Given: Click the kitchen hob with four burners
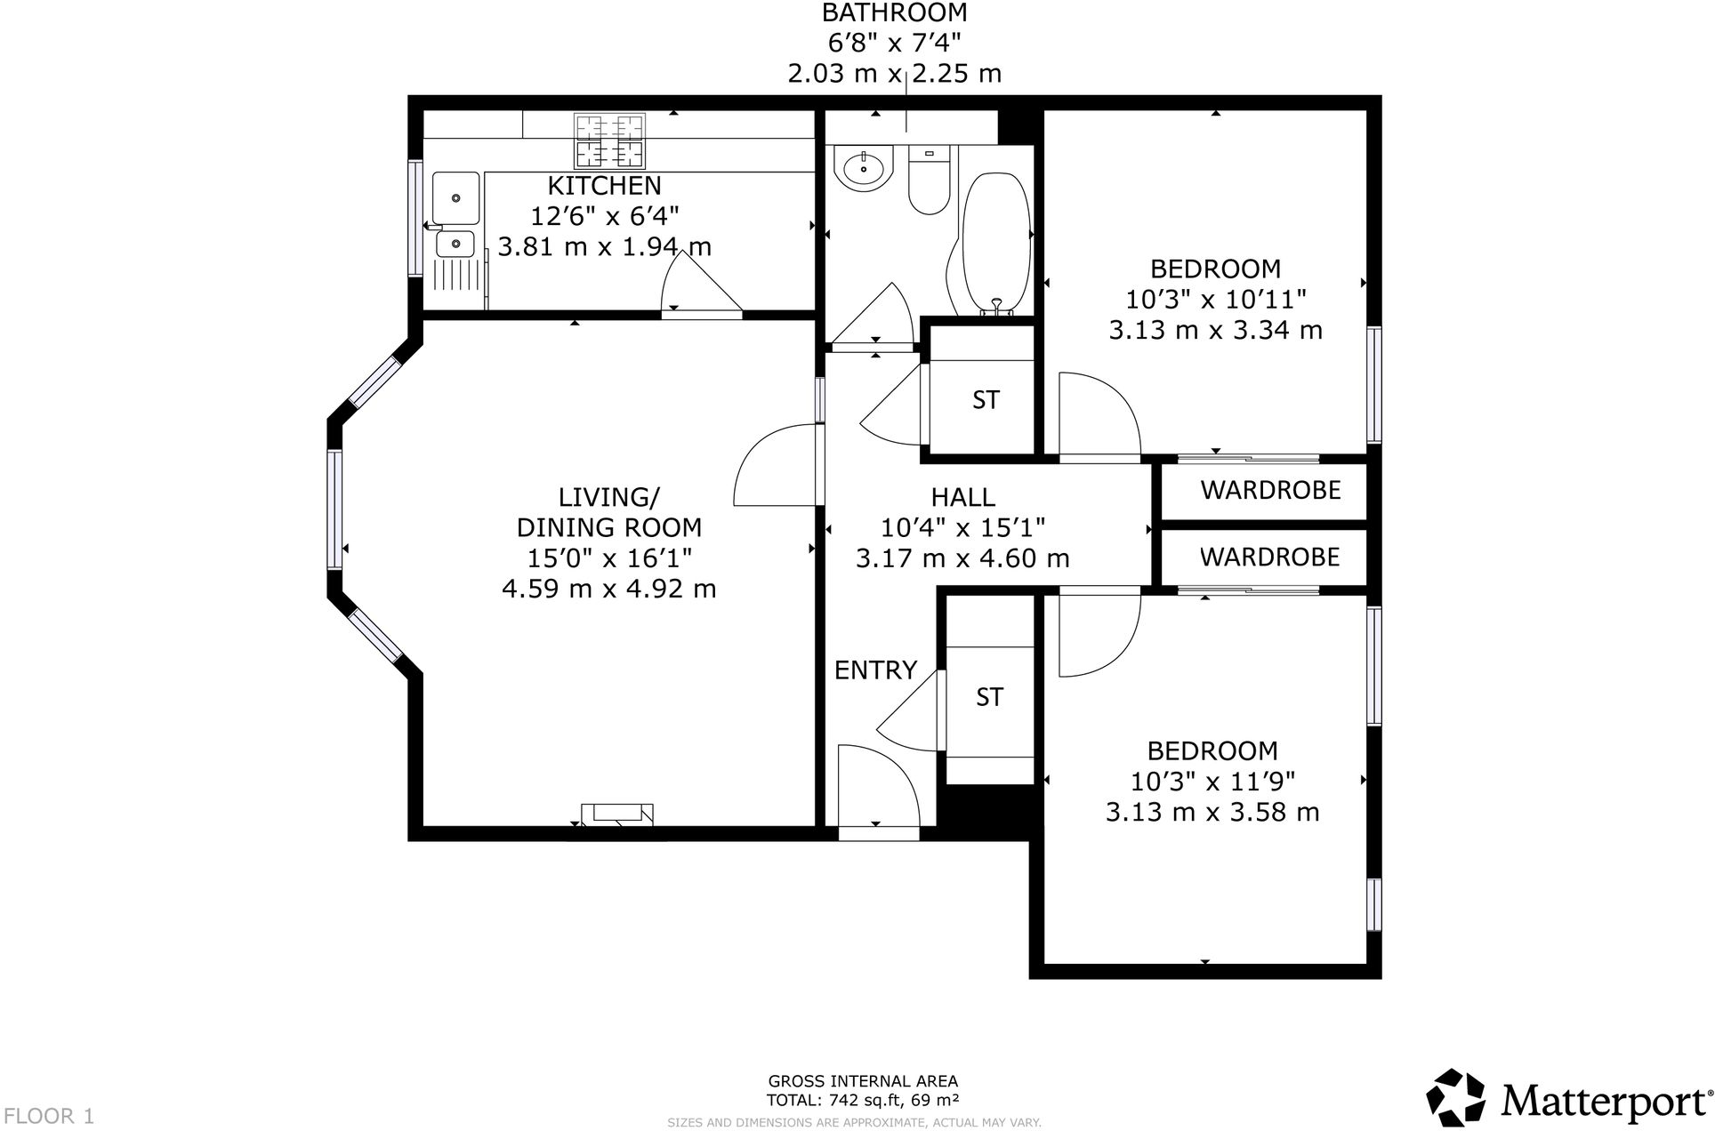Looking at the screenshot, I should click(609, 140).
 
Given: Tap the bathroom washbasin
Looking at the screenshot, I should click(863, 167).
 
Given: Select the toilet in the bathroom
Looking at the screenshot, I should click(930, 181).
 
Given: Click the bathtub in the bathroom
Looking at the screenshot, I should click(995, 240).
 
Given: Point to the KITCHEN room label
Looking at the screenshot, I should click(604, 186).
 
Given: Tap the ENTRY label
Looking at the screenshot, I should click(875, 670).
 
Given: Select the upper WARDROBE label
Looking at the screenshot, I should click(1270, 490).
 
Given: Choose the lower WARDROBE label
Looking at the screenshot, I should click(1269, 557).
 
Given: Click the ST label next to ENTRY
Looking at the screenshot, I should click(989, 697).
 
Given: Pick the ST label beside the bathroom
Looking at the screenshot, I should click(986, 400).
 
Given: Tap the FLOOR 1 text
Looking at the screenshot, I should click(49, 1115).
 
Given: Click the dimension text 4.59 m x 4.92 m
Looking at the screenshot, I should click(608, 589).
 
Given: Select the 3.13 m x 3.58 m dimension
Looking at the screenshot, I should click(1212, 812).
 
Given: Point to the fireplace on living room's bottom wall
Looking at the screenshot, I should click(617, 813).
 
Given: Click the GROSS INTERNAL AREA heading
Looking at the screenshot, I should click(863, 1081).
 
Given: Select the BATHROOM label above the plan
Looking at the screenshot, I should click(894, 12).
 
